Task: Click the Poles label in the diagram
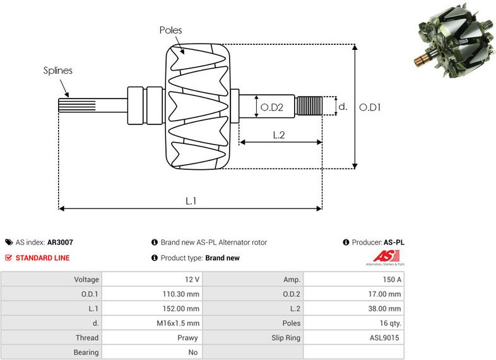[x=172, y=30]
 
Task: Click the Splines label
[x=57, y=71]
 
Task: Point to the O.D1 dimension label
[x=370, y=107]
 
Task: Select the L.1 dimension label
[x=191, y=201]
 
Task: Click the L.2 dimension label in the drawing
[x=279, y=135]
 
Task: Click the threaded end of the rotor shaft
[x=310, y=105]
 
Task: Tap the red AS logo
[x=382, y=256]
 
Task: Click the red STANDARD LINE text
[x=42, y=258]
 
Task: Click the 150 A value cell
[x=391, y=279]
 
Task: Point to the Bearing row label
[x=86, y=352]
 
